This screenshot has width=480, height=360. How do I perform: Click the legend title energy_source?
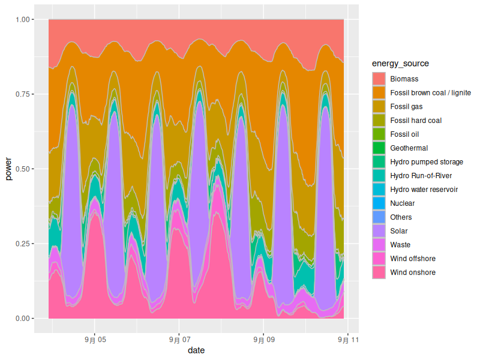coord(400,64)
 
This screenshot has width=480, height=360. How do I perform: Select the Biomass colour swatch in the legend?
coord(379,79)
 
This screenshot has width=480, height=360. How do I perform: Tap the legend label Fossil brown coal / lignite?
coord(430,93)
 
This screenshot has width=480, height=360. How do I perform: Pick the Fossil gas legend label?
coord(406,107)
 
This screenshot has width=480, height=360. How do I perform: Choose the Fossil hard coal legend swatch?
coord(379,121)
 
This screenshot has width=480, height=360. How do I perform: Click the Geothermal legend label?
coord(409,148)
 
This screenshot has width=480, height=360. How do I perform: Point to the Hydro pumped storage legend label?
coord(426,162)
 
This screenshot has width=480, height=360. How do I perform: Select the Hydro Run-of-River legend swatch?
coord(379,176)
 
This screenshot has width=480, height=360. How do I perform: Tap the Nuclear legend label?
coord(402,203)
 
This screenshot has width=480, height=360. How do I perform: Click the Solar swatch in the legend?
coord(379,231)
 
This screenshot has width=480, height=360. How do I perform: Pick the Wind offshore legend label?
coord(413,259)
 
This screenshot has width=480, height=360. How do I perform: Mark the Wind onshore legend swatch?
coord(379,272)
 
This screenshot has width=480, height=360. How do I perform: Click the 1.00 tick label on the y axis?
coord(22,20)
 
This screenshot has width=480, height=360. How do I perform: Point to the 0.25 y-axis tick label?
coord(22,244)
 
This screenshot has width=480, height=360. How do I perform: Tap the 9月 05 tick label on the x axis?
coord(94,339)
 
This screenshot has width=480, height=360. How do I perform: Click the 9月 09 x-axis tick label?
coord(263,339)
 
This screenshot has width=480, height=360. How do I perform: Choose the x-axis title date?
coord(196,350)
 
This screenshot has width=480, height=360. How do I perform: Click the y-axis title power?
coord(8,169)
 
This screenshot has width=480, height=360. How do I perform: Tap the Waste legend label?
coord(400,245)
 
